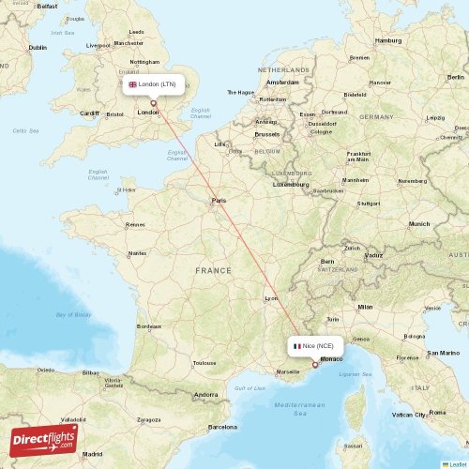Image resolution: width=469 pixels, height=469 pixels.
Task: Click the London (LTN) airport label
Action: (152, 84)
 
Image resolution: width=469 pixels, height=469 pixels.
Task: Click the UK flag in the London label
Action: (132, 84)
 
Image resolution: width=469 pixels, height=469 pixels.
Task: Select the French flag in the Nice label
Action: (296, 345)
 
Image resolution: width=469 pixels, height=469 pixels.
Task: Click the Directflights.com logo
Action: (43, 438)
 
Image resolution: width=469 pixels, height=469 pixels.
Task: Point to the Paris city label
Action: (219, 201)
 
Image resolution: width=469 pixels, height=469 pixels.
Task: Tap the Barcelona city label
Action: (223, 427)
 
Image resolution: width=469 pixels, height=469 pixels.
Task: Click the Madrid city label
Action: (92, 453)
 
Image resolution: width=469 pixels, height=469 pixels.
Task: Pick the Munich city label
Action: (419, 224)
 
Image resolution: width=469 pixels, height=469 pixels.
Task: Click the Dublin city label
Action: (38, 47)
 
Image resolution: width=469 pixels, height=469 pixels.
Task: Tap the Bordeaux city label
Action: (149, 326)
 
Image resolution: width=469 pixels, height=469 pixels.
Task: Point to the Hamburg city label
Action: (388, 41)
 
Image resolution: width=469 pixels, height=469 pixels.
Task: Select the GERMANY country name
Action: (376, 117)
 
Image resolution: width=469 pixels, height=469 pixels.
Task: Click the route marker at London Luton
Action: (154, 103)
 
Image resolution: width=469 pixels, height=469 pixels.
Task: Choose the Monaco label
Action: (331, 360)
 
